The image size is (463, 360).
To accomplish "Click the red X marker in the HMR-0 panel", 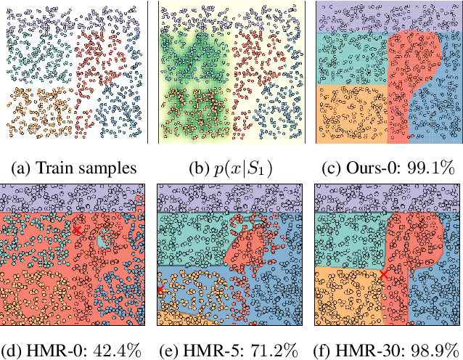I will point(77,229).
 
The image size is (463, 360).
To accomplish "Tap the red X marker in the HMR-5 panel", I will point(159,290).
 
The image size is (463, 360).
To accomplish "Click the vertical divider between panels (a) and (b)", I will point(148,72).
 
